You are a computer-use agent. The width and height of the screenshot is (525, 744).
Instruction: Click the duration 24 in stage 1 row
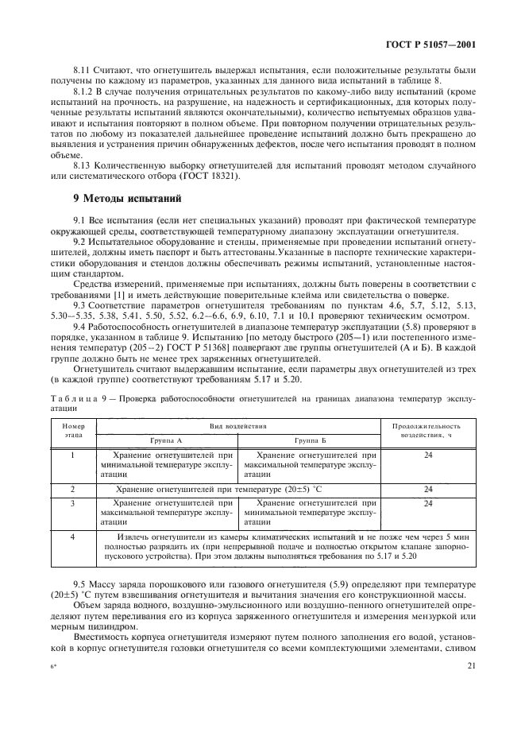[428, 455]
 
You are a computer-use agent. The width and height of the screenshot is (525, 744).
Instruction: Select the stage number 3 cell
[72, 503]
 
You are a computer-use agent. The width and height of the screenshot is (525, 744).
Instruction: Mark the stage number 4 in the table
[72, 538]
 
